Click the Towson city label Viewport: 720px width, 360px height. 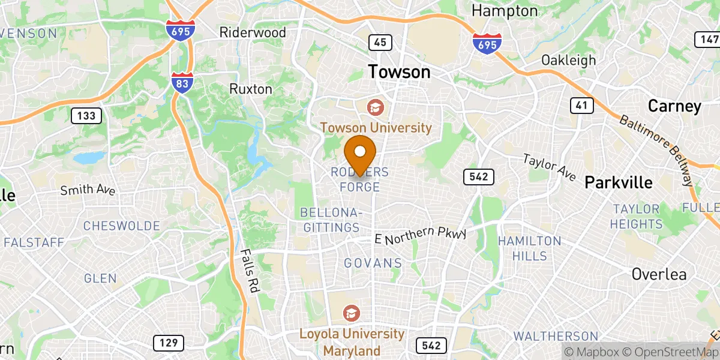[x=399, y=72]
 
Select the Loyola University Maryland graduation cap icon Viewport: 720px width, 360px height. [x=351, y=313]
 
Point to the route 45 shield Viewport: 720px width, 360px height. [x=380, y=42]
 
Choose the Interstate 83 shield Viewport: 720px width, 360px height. [x=181, y=82]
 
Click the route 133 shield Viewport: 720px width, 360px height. [x=86, y=115]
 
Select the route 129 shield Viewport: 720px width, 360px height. [x=169, y=343]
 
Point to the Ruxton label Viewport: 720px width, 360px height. [x=251, y=89]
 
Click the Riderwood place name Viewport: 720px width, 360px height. [x=253, y=32]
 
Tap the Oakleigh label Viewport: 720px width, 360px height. [x=568, y=60]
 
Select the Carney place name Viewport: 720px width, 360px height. [x=674, y=106]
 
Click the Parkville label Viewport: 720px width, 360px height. [x=619, y=182]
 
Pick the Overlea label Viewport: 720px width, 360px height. [x=659, y=274]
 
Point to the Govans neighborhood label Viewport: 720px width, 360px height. [x=373, y=263]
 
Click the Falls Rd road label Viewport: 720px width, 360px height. [x=250, y=271]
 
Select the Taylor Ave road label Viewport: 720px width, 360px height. [x=549, y=168]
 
